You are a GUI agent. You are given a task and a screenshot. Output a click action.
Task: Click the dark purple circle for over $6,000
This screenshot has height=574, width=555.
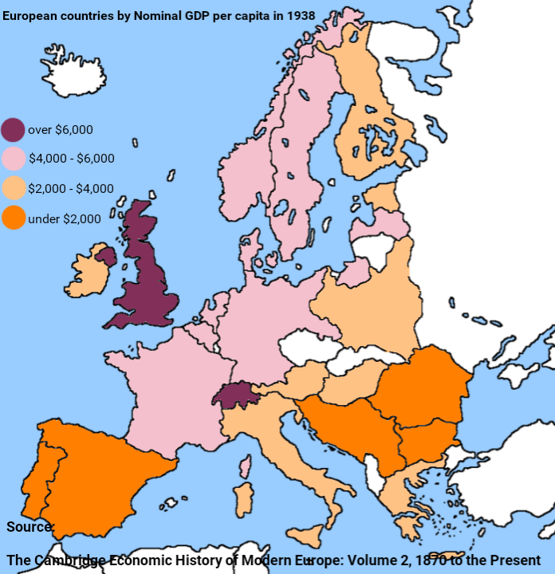13,130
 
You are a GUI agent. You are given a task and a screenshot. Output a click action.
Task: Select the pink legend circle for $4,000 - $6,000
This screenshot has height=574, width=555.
13,159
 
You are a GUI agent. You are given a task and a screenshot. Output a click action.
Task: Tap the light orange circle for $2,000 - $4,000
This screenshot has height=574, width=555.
13,188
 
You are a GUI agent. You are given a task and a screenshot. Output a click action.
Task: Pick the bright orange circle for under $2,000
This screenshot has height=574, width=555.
13,218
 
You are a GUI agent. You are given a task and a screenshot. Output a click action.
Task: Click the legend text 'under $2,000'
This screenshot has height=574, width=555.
65,218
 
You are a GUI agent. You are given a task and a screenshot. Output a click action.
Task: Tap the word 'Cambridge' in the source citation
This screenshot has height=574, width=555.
69,560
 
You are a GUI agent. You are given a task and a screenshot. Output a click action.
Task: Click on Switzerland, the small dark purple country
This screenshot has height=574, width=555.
236,395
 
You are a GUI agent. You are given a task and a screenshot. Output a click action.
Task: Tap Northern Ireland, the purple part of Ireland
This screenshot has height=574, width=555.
105,256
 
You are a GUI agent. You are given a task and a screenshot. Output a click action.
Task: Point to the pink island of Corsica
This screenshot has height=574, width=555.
246,466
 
